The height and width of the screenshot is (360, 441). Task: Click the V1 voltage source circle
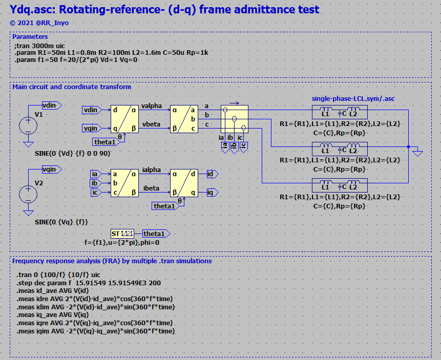pyautogui.click(x=28, y=125)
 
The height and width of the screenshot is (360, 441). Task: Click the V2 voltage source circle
pyautogui.click(x=28, y=194)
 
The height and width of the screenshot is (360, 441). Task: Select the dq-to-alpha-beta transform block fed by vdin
pyautogui.click(x=124, y=119)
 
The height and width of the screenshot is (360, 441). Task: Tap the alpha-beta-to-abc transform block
pyautogui.click(x=184, y=119)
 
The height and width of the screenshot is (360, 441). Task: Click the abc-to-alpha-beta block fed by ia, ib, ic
pyautogui.click(x=124, y=183)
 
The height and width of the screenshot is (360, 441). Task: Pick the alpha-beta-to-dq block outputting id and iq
pyautogui.click(x=184, y=183)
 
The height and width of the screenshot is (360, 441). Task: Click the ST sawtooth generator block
pyautogui.click(x=122, y=234)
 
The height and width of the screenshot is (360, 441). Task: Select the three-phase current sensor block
pyautogui.click(x=235, y=119)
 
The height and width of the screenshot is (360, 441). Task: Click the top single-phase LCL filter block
pyautogui.click(x=340, y=112)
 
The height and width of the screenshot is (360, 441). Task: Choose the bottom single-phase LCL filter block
pyautogui.click(x=340, y=185)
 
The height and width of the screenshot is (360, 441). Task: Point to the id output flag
pyautogui.click(x=213, y=174)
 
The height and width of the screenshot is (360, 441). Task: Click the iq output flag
pyautogui.click(x=213, y=193)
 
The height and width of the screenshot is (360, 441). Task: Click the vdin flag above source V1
pyautogui.click(x=52, y=105)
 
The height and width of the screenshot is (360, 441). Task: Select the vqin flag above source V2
pyautogui.click(x=52, y=170)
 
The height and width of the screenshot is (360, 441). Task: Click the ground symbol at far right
pyautogui.click(x=417, y=153)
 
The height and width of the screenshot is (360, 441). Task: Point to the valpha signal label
pyautogui.click(x=152, y=106)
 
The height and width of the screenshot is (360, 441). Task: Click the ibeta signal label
pyautogui.click(x=151, y=188)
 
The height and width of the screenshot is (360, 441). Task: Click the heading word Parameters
pyautogui.click(x=30, y=37)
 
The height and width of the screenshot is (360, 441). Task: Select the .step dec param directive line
pyautogui.click(x=89, y=283)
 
